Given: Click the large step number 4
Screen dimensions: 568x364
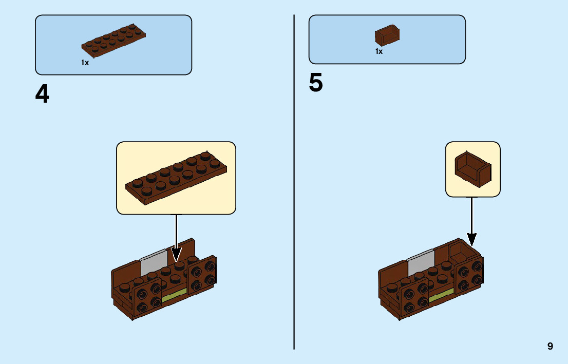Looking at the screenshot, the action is pos(42,94).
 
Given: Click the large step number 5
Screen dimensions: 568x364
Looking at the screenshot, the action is pos(316,83).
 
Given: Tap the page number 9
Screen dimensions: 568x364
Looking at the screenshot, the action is pos(550,346).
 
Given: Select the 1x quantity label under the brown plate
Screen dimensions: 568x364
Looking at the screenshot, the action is pos(85,63).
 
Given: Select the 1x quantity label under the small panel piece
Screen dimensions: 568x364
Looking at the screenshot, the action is pos(379,51).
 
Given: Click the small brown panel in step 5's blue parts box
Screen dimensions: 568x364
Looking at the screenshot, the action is pos(387,35).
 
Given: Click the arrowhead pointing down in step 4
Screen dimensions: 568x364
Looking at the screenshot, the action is pos(176,254).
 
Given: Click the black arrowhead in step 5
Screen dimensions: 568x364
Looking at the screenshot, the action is pos(471,239).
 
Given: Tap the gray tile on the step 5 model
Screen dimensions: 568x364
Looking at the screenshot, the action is pos(421,262).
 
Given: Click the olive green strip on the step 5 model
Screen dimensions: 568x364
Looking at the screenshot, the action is pos(441,295).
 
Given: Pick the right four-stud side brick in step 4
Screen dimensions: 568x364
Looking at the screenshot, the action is pos(202,276).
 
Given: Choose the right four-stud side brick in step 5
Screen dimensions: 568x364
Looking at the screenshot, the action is pos(469,276).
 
